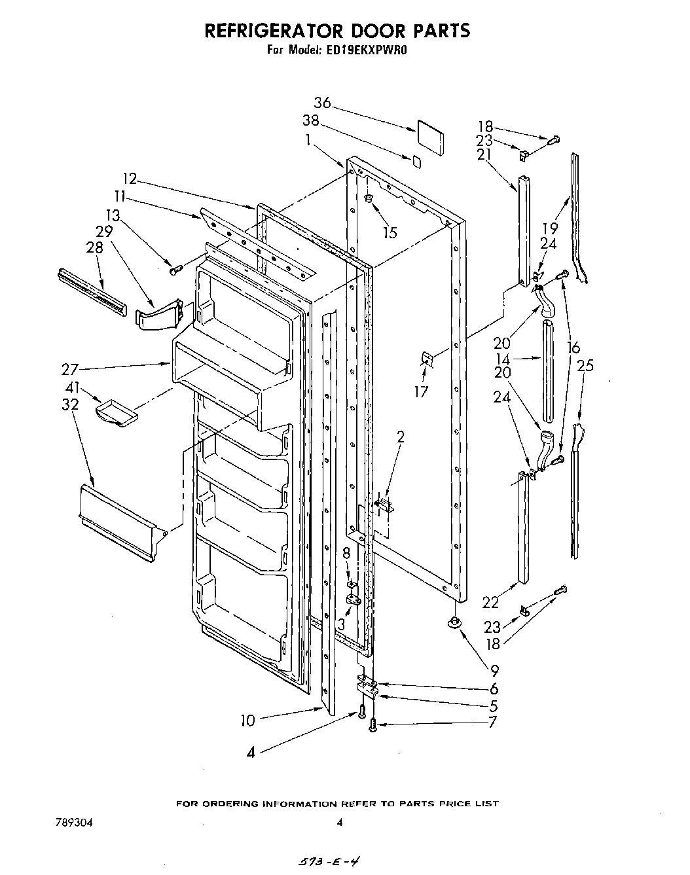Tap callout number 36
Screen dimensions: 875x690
click(x=322, y=103)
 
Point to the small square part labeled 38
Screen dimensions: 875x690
click(x=416, y=160)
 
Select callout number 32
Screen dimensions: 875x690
click(x=70, y=405)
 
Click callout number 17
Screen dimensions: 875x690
click(x=421, y=391)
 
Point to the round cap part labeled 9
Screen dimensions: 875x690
click(x=452, y=624)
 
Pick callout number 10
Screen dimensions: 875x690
click(x=247, y=721)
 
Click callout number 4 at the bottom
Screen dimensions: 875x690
click(x=251, y=753)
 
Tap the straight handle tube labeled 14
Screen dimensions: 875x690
click(x=547, y=373)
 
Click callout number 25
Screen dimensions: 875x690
click(x=585, y=366)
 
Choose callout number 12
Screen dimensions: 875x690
click(x=130, y=178)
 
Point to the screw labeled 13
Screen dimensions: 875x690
click(x=175, y=268)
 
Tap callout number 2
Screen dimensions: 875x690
click(x=401, y=437)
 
